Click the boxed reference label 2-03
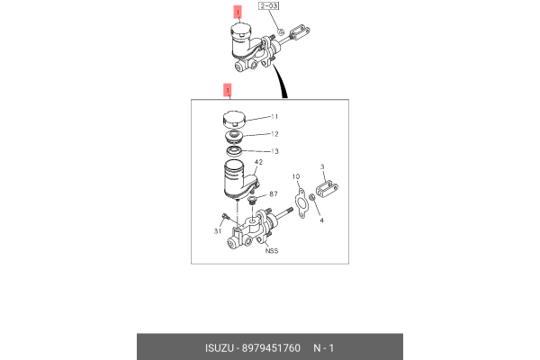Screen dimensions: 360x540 click(269, 8)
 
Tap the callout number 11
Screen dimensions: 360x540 click(275, 118)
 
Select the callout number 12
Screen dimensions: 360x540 click(275, 133)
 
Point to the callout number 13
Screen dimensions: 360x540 click(275, 151)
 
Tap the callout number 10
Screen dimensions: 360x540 click(296, 176)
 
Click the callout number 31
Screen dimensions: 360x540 click(217, 231)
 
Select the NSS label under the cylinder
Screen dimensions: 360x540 click(270, 251)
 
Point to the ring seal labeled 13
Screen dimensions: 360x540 click(236, 151)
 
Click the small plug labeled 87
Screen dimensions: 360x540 click(253, 200)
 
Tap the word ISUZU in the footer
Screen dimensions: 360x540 click(221, 346)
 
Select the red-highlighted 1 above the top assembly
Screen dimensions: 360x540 click(238, 13)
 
